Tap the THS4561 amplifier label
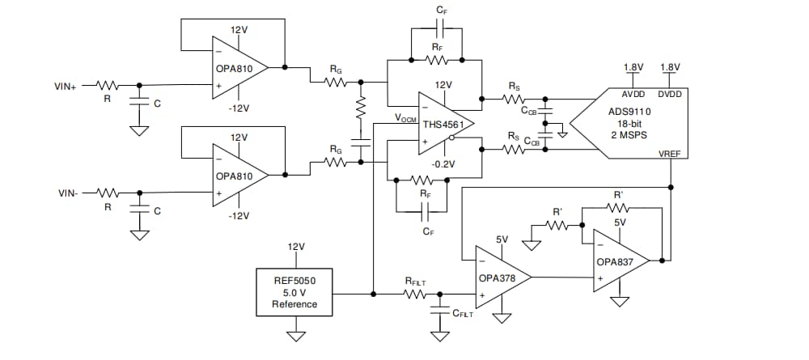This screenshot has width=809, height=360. coord(442,125)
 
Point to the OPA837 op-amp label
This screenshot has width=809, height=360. coord(616,262)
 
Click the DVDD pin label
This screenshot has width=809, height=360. coord(670,95)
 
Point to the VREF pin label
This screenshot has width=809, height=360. coord(670,153)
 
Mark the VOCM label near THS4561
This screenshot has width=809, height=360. coord(405,118)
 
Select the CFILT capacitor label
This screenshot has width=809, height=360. coord(463,313)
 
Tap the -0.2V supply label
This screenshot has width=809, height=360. coord(443,163)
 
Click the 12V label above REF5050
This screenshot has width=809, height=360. coord(295,247)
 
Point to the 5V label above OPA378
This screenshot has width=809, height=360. coord(502,239)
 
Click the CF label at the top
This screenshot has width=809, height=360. coord(440,10)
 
